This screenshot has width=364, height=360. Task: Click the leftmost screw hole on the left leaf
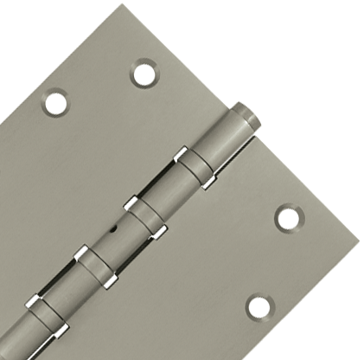(x=55, y=102)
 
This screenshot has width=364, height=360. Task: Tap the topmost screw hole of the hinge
(x=144, y=73)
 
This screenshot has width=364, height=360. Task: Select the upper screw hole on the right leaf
(x=288, y=217)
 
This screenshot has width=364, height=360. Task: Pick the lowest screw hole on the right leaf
(x=259, y=306)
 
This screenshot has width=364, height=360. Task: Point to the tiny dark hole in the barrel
(x=115, y=233)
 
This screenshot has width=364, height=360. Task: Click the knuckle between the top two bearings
(x=169, y=191)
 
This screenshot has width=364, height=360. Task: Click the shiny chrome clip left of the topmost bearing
(x=182, y=156)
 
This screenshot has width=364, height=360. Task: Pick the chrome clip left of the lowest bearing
(x=32, y=302)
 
